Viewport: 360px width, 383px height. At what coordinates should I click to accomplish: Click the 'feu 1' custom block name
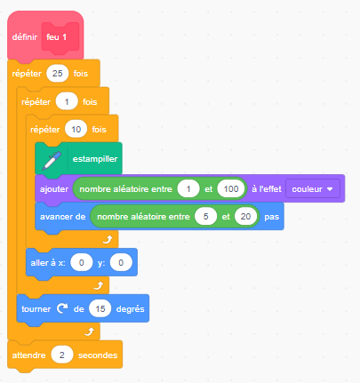[x=56, y=37]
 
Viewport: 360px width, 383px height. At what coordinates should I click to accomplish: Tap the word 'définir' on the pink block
[x=25, y=37]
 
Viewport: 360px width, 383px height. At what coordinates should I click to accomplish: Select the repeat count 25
[x=58, y=74]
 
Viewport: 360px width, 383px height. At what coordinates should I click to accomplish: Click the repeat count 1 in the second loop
[x=67, y=102]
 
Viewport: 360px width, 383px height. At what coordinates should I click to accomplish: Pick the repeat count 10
[x=76, y=130]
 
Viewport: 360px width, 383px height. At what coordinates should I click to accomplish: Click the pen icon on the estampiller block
[x=52, y=160]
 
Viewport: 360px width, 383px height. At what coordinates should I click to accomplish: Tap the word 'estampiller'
[x=95, y=159]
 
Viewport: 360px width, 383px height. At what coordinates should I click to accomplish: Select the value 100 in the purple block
[x=231, y=188]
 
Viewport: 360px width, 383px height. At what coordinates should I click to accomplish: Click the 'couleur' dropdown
[x=313, y=188]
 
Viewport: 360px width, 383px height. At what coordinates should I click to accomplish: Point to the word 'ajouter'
[x=54, y=189]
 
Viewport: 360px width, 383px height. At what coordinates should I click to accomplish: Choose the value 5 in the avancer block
[x=206, y=217]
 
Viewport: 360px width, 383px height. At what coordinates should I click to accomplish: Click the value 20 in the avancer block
[x=245, y=217]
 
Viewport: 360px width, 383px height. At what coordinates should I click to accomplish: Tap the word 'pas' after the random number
[x=272, y=217]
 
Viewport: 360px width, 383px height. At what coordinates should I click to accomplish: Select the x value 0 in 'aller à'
[x=82, y=263]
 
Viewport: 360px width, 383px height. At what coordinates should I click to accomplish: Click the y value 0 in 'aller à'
[x=121, y=263]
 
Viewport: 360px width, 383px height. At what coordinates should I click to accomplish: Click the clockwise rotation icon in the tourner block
[x=62, y=308]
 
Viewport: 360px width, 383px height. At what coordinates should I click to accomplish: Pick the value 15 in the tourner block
[x=100, y=309]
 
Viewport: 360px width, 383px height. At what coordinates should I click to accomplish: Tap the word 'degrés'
[x=131, y=309]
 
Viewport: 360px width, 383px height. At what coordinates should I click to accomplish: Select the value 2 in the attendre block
[x=62, y=355]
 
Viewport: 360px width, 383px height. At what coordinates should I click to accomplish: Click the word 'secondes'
[x=98, y=355]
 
